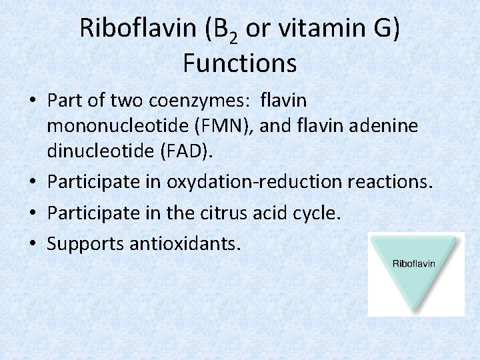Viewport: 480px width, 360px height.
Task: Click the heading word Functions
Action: click(x=239, y=63)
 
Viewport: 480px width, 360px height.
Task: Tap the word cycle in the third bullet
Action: click(x=313, y=213)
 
